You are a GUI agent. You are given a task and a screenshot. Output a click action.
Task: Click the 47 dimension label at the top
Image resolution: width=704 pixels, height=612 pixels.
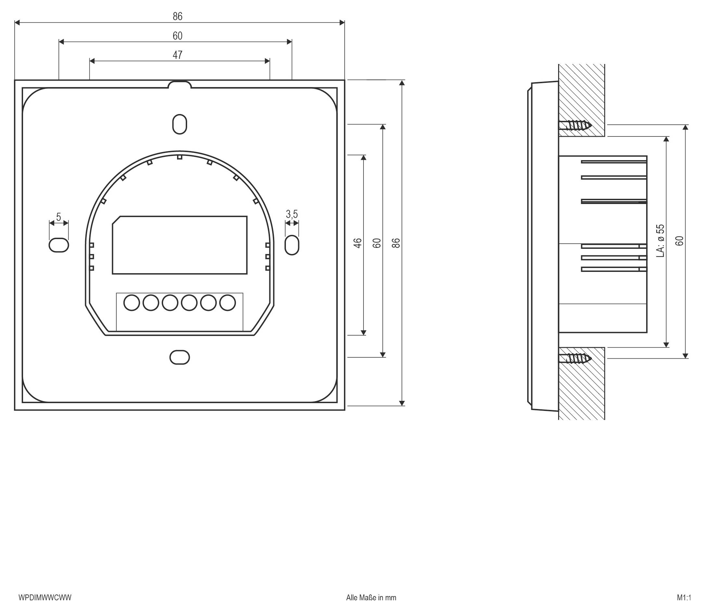[x=177, y=55]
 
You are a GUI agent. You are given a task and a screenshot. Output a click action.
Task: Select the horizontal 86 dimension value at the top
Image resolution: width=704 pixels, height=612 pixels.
[x=177, y=16]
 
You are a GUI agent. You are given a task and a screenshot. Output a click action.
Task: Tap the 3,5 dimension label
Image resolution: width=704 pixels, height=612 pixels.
[x=292, y=214]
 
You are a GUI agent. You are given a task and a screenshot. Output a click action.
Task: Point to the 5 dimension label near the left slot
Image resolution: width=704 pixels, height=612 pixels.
[x=58, y=217]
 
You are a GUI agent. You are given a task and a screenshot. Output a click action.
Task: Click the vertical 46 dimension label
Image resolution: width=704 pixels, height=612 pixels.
[x=357, y=243]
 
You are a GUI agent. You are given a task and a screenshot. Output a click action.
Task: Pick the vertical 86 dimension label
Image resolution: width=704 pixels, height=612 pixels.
[x=396, y=243]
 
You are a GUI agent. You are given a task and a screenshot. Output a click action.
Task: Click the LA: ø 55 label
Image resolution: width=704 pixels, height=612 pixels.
[x=660, y=240]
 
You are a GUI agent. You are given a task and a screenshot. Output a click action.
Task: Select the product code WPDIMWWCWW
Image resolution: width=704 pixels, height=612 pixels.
[x=45, y=598]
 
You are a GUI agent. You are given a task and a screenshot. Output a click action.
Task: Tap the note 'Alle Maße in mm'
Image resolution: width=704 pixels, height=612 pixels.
[x=371, y=598]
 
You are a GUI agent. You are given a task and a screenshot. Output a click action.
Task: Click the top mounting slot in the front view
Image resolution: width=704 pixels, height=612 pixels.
[x=180, y=124]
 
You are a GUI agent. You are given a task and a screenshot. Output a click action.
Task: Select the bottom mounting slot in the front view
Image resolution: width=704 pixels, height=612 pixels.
[x=180, y=357]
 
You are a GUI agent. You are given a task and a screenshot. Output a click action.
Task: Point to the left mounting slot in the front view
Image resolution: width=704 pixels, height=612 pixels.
[x=59, y=245]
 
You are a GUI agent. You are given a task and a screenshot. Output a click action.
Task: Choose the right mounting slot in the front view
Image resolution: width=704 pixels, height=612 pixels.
[x=292, y=245]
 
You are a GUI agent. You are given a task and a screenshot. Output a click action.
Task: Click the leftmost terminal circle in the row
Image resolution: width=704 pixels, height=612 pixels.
[x=132, y=302]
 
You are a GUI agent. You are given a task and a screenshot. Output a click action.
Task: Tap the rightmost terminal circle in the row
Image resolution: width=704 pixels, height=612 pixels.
[x=227, y=302]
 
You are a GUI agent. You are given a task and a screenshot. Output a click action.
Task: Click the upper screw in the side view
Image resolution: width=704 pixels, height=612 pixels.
[x=575, y=125]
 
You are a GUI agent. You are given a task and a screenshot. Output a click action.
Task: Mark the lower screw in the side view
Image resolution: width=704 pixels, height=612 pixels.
[x=575, y=358]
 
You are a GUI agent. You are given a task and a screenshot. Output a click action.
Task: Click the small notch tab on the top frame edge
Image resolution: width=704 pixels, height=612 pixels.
[x=180, y=84]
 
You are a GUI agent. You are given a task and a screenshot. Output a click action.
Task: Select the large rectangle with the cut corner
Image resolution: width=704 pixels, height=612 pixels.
[x=180, y=245]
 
